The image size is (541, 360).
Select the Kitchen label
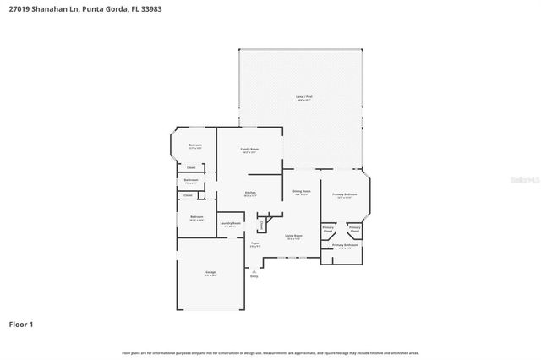(x=250, y=194)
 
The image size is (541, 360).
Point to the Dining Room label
(x=302, y=193)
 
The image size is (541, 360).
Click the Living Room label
(x=293, y=237)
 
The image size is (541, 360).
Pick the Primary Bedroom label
(x=344, y=195)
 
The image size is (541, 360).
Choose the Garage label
(x=210, y=273)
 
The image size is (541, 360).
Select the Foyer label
(x=254, y=243)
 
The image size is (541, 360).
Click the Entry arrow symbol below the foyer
(x=254, y=271)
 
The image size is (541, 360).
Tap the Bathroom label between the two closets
(x=191, y=180)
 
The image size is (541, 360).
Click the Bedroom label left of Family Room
(x=195, y=146)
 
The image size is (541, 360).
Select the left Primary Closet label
(x=328, y=229)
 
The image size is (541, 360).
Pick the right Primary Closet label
(x=354, y=229)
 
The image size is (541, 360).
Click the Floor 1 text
(x=21, y=324)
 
